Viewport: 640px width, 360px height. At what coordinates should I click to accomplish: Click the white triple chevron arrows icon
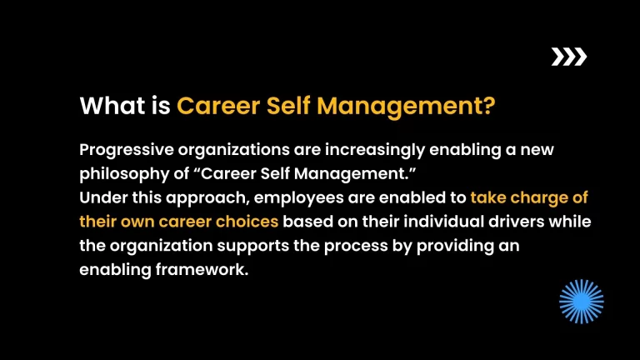click(569, 57)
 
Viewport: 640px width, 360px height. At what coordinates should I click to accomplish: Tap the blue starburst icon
click(581, 301)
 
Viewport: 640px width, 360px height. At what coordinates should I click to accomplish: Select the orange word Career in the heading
click(219, 107)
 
